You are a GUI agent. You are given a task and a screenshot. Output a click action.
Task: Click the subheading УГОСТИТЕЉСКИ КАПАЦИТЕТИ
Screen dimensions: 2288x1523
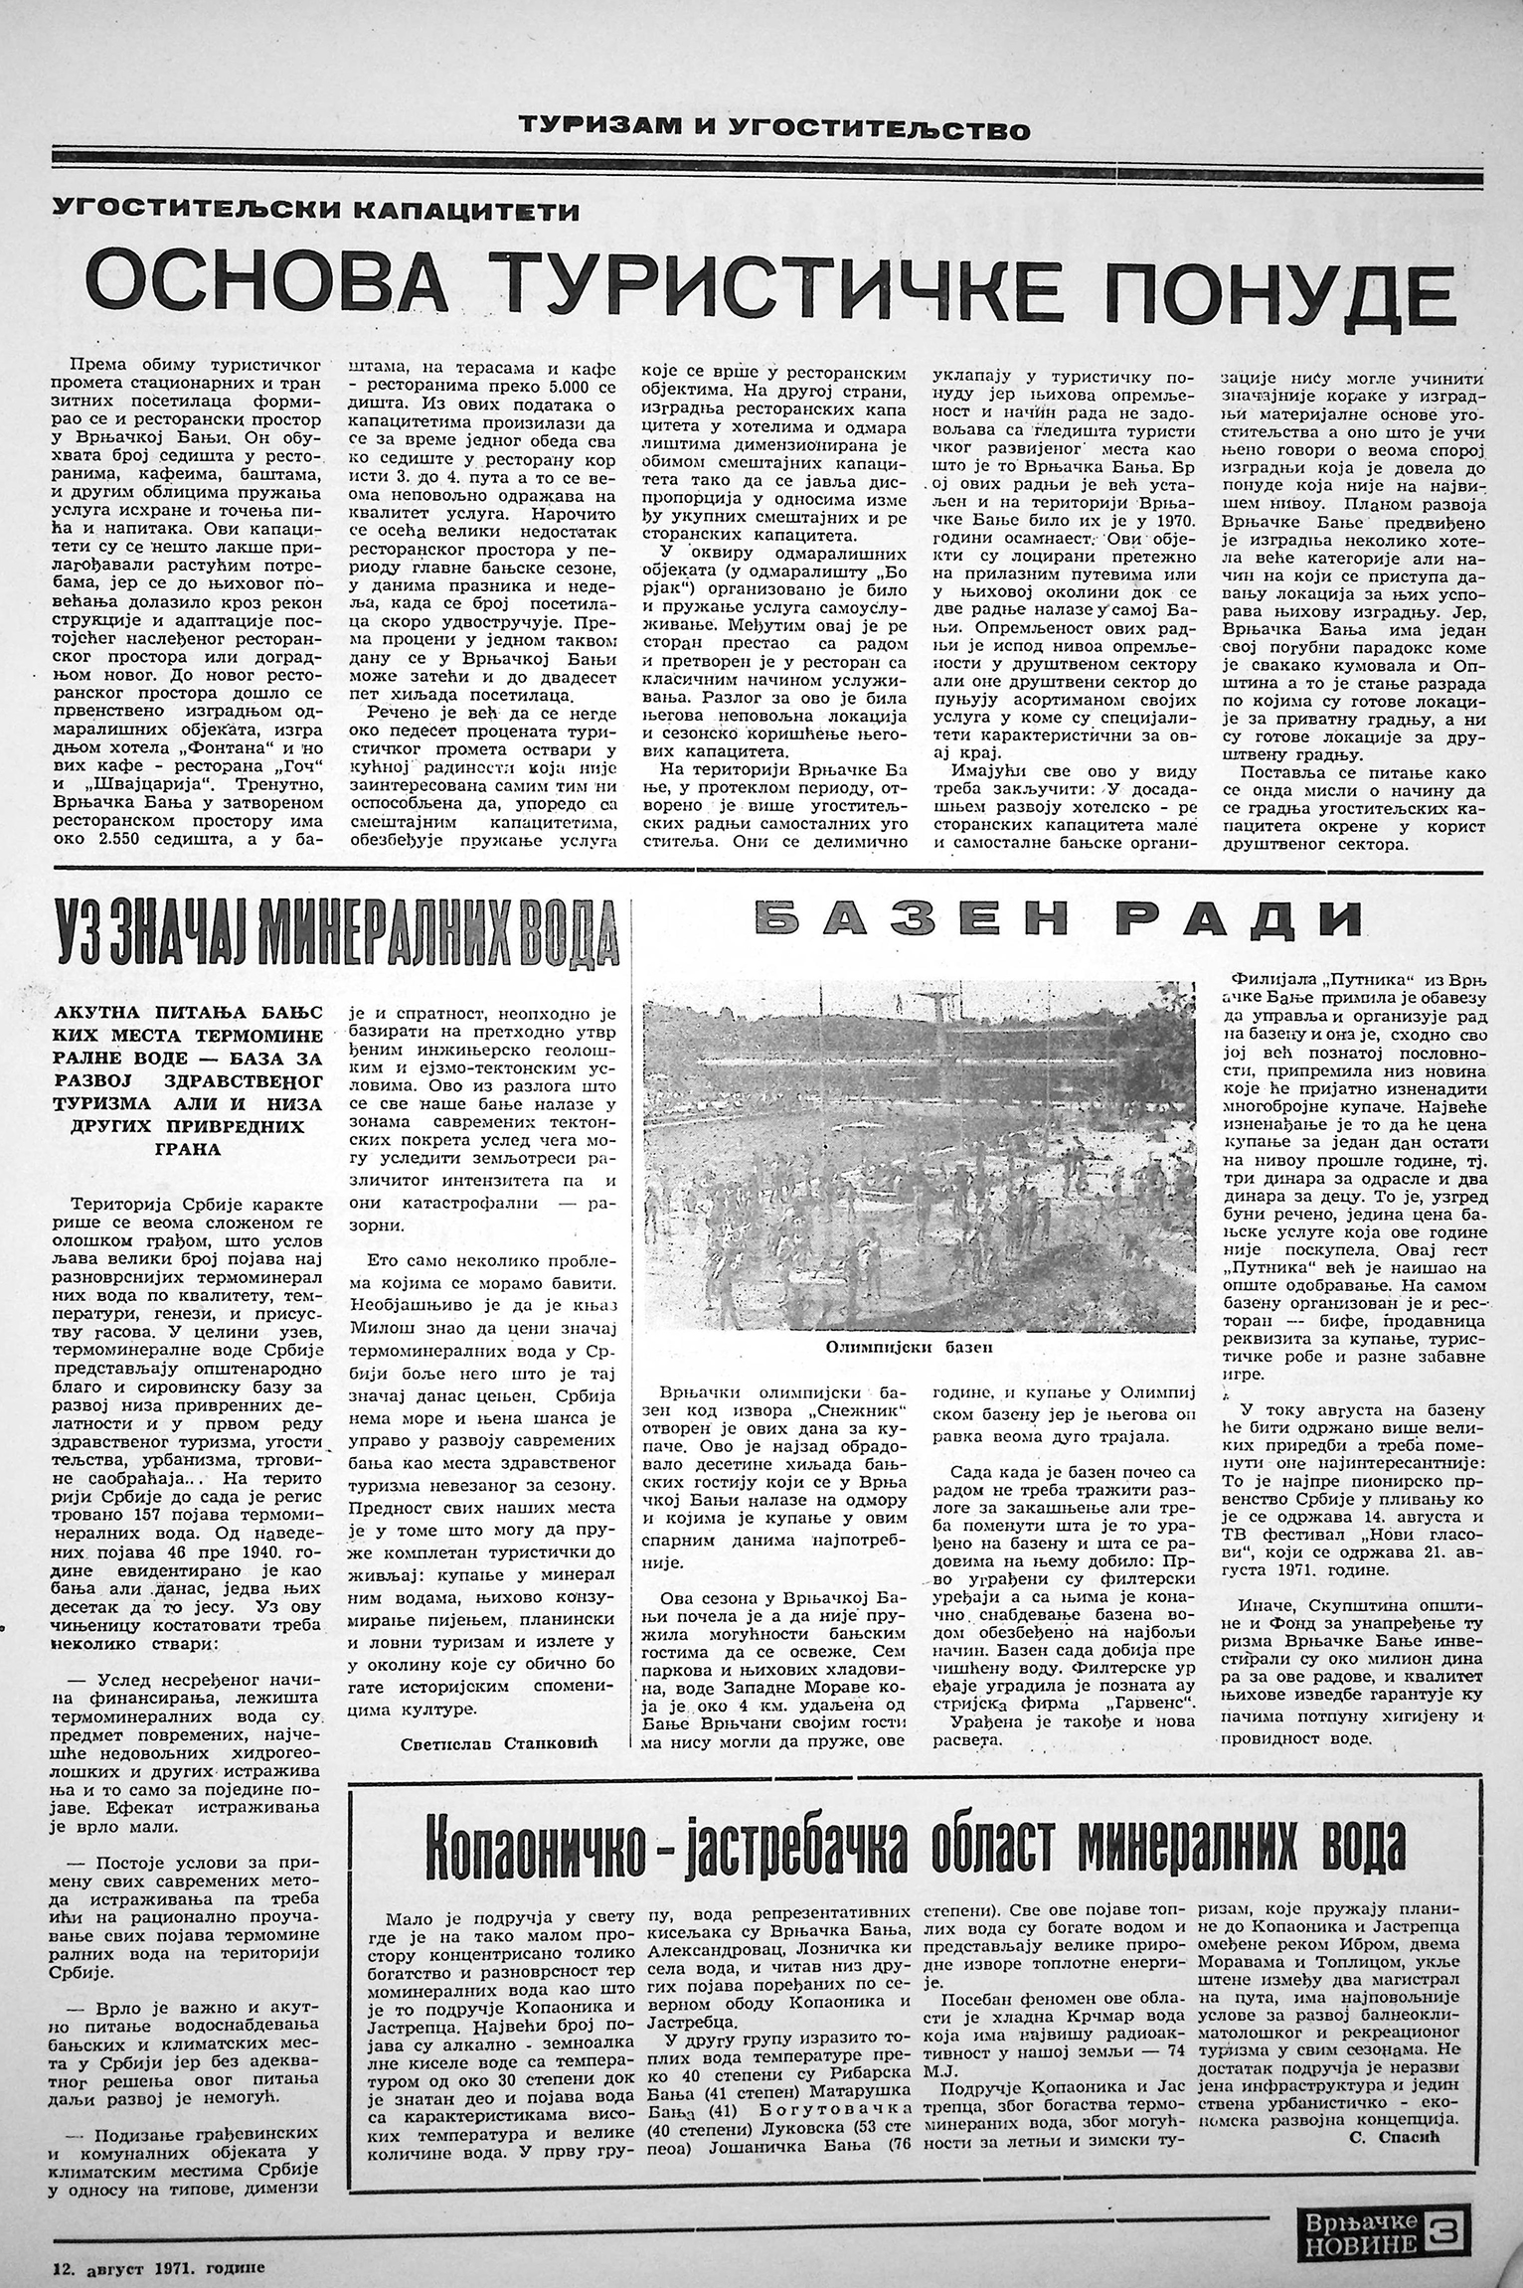(317, 210)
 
